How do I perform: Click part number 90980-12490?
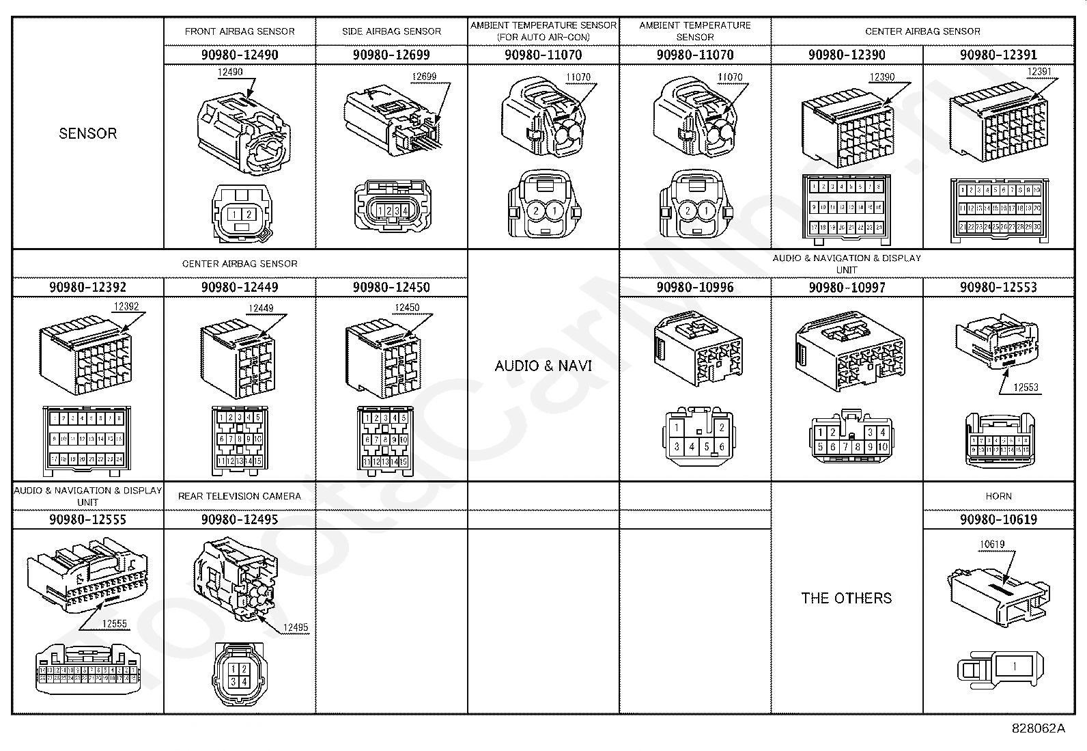(x=240, y=55)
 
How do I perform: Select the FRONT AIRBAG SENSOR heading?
(x=240, y=31)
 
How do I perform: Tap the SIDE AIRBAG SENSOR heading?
(x=391, y=31)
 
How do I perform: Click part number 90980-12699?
(x=391, y=55)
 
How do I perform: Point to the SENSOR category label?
(x=87, y=133)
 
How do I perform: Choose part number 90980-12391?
(x=998, y=55)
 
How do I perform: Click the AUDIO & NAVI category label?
(x=543, y=366)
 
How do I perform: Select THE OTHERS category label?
(x=847, y=598)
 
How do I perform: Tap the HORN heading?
(x=998, y=496)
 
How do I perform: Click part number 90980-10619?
(x=998, y=519)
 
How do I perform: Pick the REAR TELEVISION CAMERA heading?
(x=240, y=496)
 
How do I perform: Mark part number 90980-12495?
(x=240, y=519)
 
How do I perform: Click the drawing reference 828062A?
(x=1038, y=728)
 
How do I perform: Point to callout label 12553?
(x=1026, y=387)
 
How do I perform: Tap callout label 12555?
(x=115, y=623)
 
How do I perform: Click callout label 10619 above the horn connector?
(x=992, y=545)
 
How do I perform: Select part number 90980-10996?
(x=695, y=287)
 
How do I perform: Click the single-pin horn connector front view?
(x=998, y=667)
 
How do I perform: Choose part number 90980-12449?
(x=240, y=287)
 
